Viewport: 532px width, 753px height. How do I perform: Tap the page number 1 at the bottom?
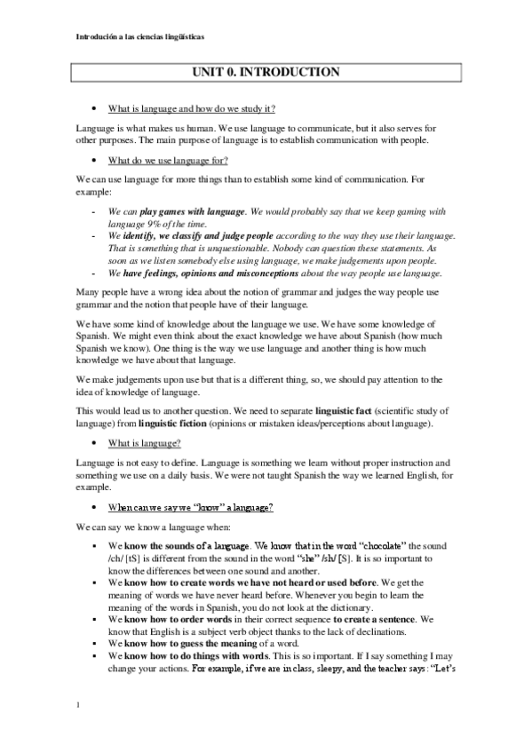[x=78, y=706]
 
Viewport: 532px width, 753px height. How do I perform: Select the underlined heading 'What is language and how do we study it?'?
[x=191, y=109]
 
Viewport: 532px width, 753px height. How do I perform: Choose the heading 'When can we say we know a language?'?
[x=190, y=506]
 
